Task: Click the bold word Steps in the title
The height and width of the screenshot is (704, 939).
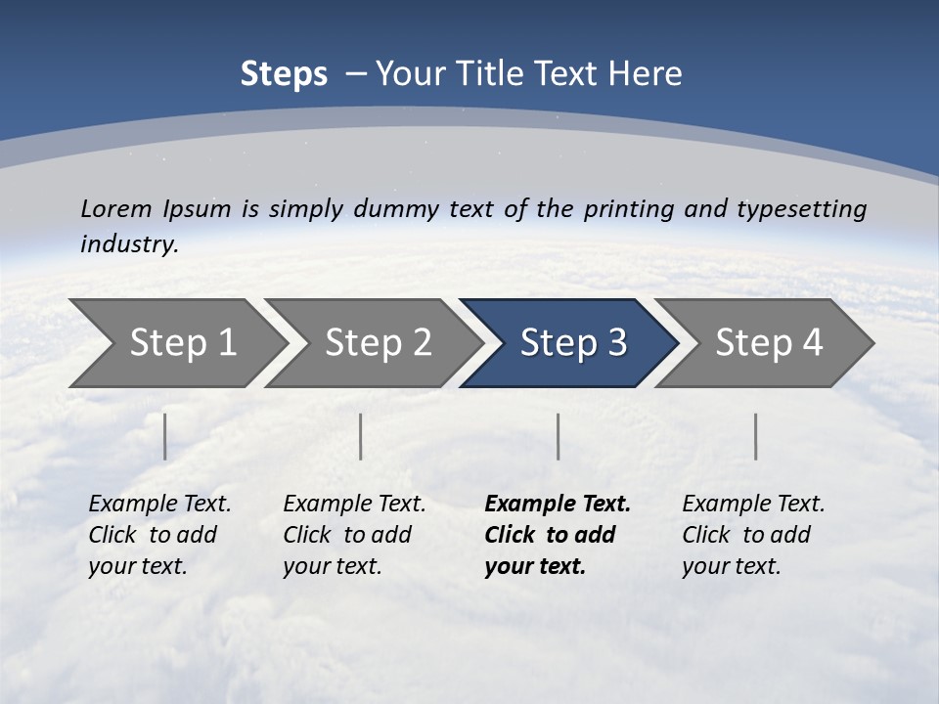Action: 284,74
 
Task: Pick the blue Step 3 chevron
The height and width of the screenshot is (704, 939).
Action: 573,343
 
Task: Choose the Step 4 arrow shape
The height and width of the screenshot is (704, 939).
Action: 769,343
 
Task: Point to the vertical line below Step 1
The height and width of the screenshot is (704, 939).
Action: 165,436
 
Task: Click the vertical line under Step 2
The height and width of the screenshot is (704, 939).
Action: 361,436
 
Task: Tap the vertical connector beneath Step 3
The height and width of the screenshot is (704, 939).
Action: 558,436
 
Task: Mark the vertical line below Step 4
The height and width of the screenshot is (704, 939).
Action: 755,436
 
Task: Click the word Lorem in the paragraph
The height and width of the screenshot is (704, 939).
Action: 116,208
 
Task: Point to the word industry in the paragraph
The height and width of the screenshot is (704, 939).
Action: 128,244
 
